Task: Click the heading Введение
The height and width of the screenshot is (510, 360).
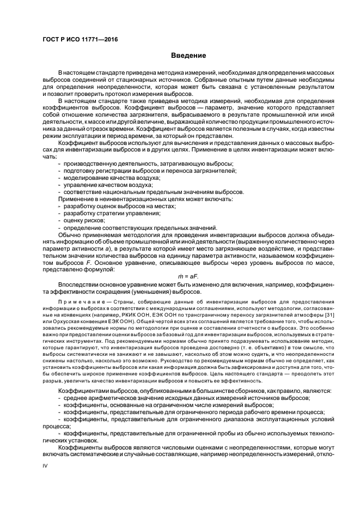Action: (188, 56)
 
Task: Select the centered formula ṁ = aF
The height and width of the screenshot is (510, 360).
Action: (188, 276)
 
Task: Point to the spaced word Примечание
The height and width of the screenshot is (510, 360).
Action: (82, 301)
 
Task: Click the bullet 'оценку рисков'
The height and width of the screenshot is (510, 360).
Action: (84, 221)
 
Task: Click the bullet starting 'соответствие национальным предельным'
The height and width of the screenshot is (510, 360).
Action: (154, 192)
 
